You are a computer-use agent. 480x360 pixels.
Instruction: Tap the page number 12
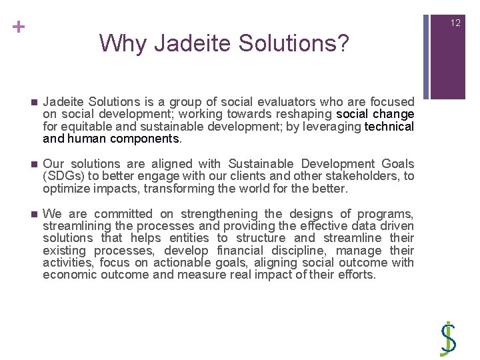point(455,23)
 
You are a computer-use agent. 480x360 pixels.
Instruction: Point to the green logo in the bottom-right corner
point(449,339)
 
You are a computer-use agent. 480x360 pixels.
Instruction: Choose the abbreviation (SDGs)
point(63,176)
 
